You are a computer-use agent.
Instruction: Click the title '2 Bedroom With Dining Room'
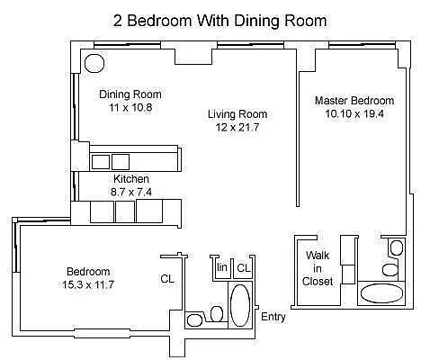[x=219, y=21]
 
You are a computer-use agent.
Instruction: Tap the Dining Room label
[x=130, y=94]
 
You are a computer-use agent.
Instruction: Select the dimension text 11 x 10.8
[x=130, y=107]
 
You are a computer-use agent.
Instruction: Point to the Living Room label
[x=237, y=114]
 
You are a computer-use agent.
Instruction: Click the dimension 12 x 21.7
[x=237, y=128]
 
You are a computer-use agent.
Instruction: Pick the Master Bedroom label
[x=354, y=101]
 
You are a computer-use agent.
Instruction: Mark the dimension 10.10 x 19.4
[x=354, y=113]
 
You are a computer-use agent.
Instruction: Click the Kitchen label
[x=131, y=179]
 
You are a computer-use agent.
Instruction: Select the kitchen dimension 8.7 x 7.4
[x=131, y=192]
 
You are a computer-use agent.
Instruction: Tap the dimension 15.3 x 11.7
[x=88, y=284]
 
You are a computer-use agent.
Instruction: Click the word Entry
[x=273, y=317]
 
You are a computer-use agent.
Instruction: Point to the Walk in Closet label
[x=318, y=268]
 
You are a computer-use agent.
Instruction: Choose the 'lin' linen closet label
[x=222, y=266]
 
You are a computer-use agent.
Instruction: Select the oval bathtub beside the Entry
[x=240, y=305]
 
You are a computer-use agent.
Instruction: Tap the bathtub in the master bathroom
[x=381, y=293]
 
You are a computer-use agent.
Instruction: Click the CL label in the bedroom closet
[x=167, y=279]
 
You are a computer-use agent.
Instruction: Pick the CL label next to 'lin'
[x=244, y=267]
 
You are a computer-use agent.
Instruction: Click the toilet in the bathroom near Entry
[x=217, y=314]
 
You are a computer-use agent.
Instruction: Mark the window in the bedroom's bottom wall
[x=102, y=333]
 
